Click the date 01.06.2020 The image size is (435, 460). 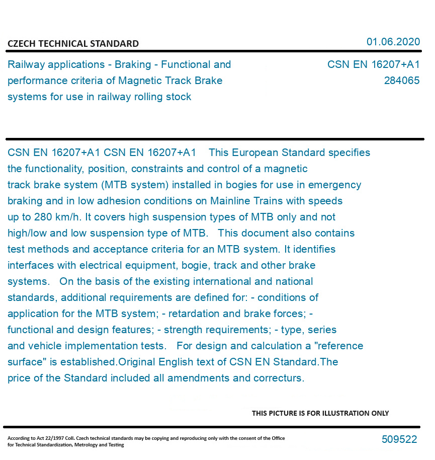click(393, 42)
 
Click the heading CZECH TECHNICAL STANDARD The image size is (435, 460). click(73, 44)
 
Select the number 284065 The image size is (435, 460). click(401, 81)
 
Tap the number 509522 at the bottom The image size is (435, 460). click(399, 439)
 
